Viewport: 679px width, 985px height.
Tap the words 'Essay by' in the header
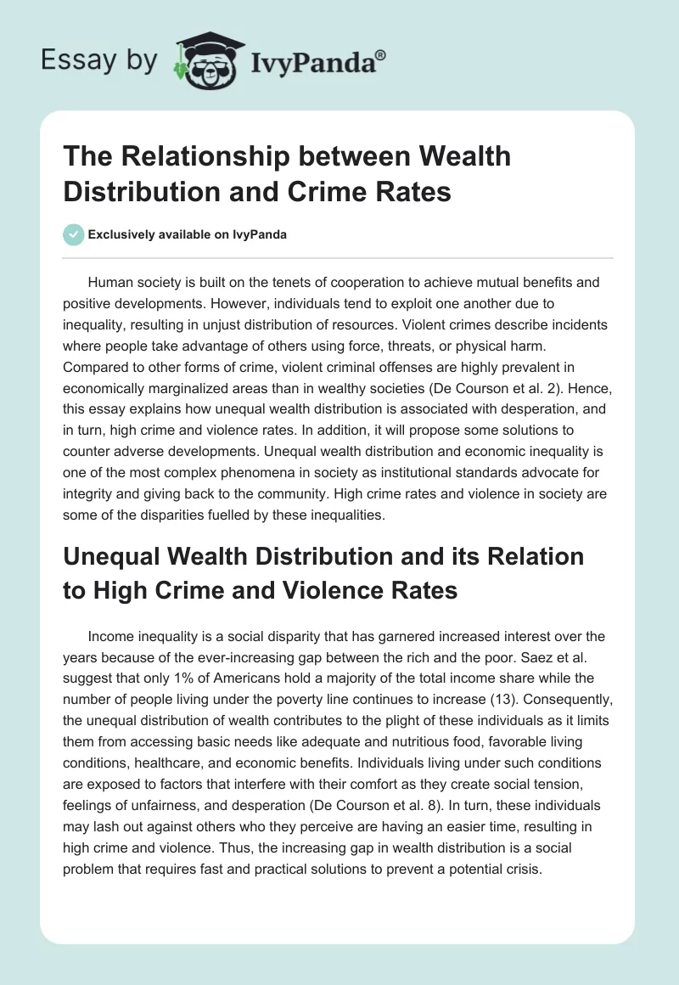(99, 60)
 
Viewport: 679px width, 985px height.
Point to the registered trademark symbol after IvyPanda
(381, 53)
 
